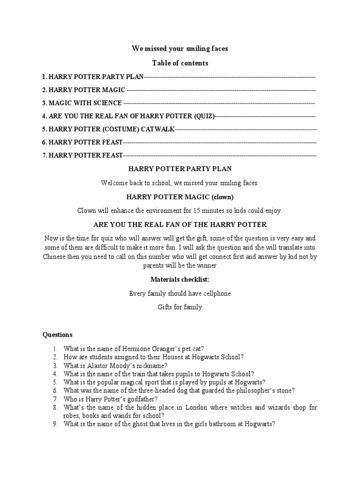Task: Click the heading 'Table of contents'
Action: click(180, 63)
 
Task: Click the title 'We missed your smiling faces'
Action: click(180, 49)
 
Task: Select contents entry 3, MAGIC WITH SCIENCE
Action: click(85, 103)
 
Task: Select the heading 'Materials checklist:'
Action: click(180, 279)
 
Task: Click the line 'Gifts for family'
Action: click(180, 307)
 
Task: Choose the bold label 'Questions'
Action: click(58, 335)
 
